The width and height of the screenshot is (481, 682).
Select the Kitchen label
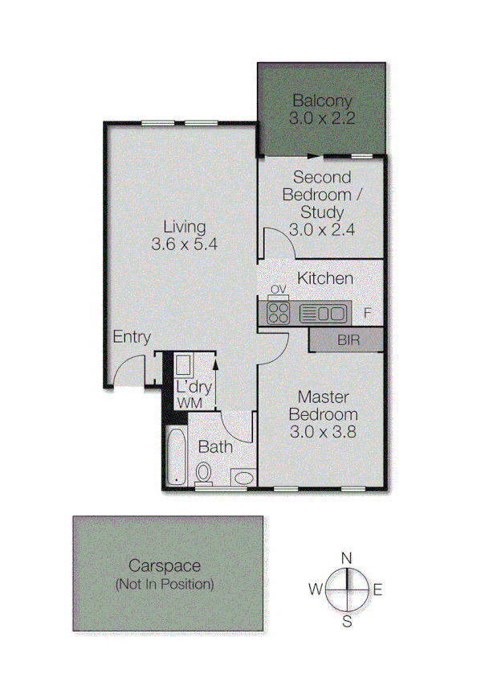tap(325, 278)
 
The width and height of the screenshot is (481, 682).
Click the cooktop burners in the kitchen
tap(279, 312)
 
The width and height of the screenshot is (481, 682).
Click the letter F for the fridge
tap(367, 313)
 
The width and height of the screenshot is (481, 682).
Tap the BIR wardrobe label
tap(348, 340)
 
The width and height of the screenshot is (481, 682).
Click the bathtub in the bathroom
tap(175, 457)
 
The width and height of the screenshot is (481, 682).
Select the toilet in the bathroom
tap(204, 473)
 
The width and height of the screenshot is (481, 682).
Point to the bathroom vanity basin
tap(243, 478)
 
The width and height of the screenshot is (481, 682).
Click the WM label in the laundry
tap(190, 401)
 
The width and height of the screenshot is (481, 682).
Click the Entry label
tap(132, 338)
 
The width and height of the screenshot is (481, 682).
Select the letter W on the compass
tap(316, 590)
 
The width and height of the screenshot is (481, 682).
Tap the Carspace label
tap(168, 566)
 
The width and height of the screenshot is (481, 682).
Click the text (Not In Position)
tap(168, 584)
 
